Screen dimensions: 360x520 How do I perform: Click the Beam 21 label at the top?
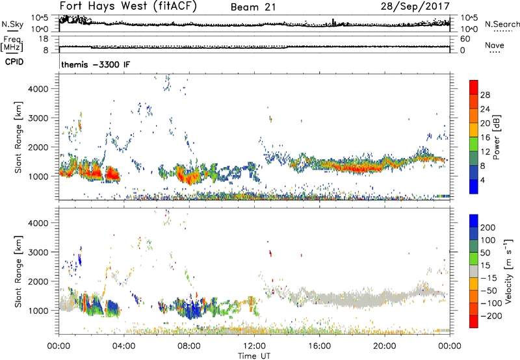[252, 7]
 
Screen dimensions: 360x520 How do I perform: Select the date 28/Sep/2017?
[421, 6]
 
